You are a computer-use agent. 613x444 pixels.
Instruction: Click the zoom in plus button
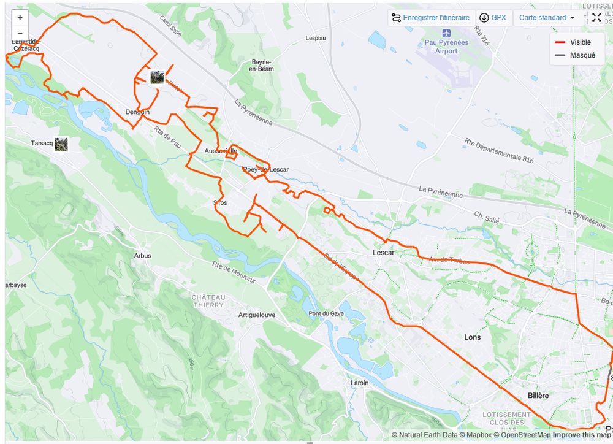(20, 18)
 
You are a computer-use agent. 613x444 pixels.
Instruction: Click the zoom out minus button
(20, 33)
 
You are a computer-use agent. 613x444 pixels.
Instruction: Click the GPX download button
(493, 18)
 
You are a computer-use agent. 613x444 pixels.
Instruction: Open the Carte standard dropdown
(547, 18)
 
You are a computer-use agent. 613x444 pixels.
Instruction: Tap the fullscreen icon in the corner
(596, 18)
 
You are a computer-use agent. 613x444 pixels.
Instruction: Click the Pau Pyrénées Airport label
(446, 47)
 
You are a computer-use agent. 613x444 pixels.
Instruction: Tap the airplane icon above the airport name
(446, 33)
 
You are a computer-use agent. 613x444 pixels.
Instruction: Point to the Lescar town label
(383, 253)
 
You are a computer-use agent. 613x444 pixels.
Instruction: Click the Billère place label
(538, 396)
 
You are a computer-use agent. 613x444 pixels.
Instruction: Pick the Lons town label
(473, 337)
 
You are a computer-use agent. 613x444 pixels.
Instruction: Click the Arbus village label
(142, 256)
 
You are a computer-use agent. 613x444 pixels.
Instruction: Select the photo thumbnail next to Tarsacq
(61, 144)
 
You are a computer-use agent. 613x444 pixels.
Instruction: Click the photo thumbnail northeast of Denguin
(158, 77)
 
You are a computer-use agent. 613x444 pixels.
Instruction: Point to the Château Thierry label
(208, 301)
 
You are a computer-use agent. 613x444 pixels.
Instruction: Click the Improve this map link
(581, 435)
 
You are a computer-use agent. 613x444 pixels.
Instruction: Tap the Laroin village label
(360, 383)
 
